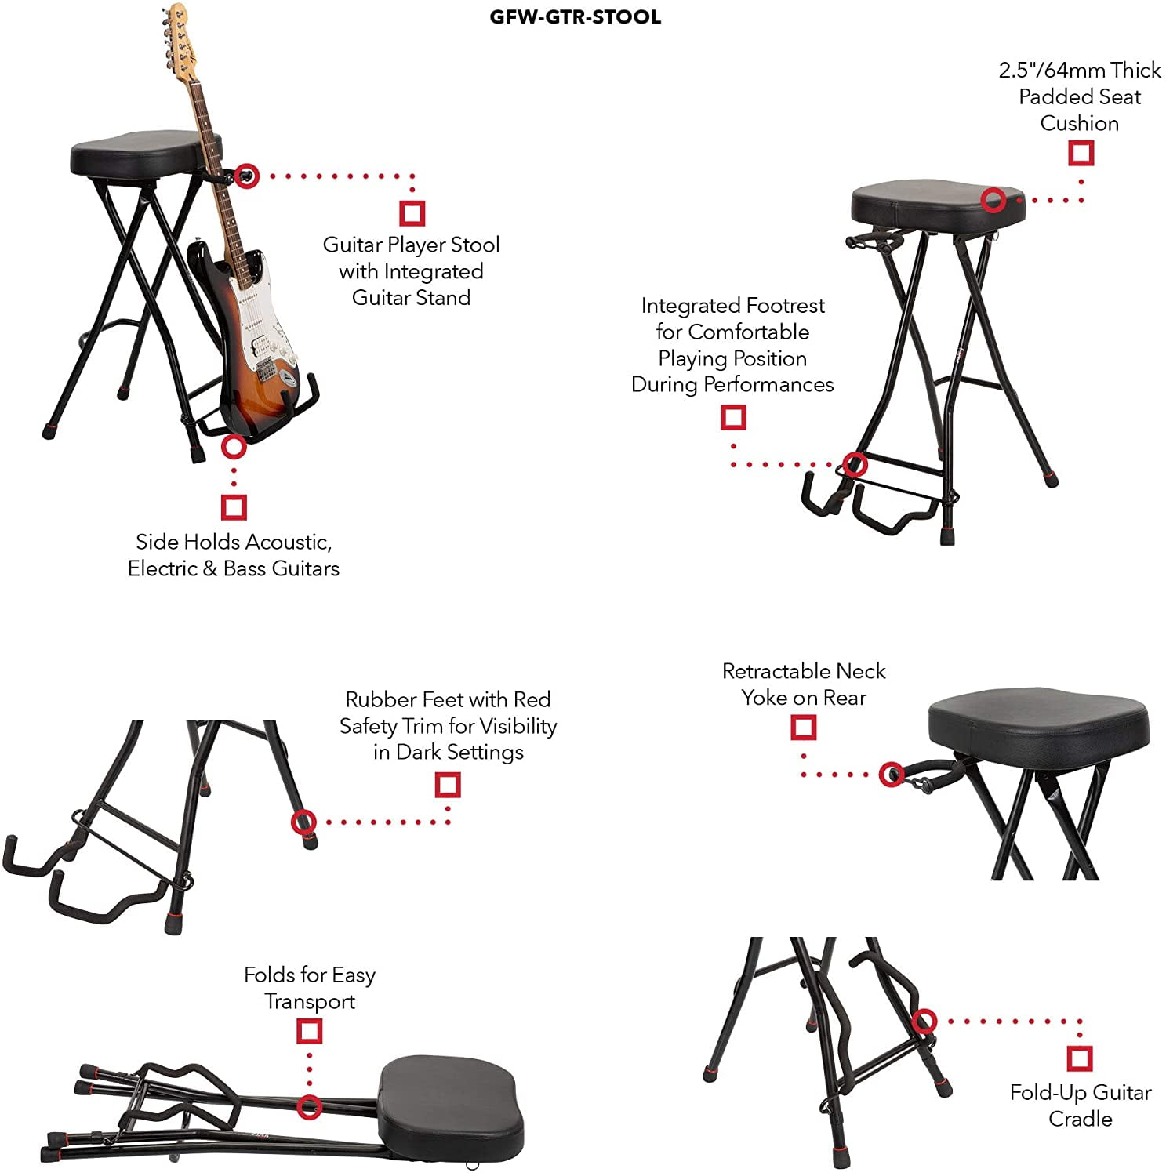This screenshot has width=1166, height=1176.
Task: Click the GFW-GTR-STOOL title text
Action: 575,16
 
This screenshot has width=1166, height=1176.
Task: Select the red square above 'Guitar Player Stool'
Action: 412,212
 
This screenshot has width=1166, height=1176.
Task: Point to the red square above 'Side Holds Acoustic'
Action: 234,506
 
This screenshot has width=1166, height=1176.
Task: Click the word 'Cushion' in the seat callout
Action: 1079,123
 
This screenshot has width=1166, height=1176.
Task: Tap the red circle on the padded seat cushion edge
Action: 993,199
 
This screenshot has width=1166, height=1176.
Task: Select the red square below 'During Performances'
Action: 733,416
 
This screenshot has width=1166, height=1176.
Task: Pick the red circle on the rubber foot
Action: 303,822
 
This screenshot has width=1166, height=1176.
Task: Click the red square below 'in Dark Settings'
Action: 447,784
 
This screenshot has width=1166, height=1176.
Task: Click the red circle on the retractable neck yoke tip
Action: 890,775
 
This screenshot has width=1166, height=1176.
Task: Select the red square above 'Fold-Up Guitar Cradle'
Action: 1080,1058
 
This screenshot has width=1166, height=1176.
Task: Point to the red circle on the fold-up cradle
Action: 924,1021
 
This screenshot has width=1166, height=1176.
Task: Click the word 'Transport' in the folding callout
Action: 310,1001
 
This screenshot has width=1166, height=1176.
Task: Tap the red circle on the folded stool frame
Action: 309,1106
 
